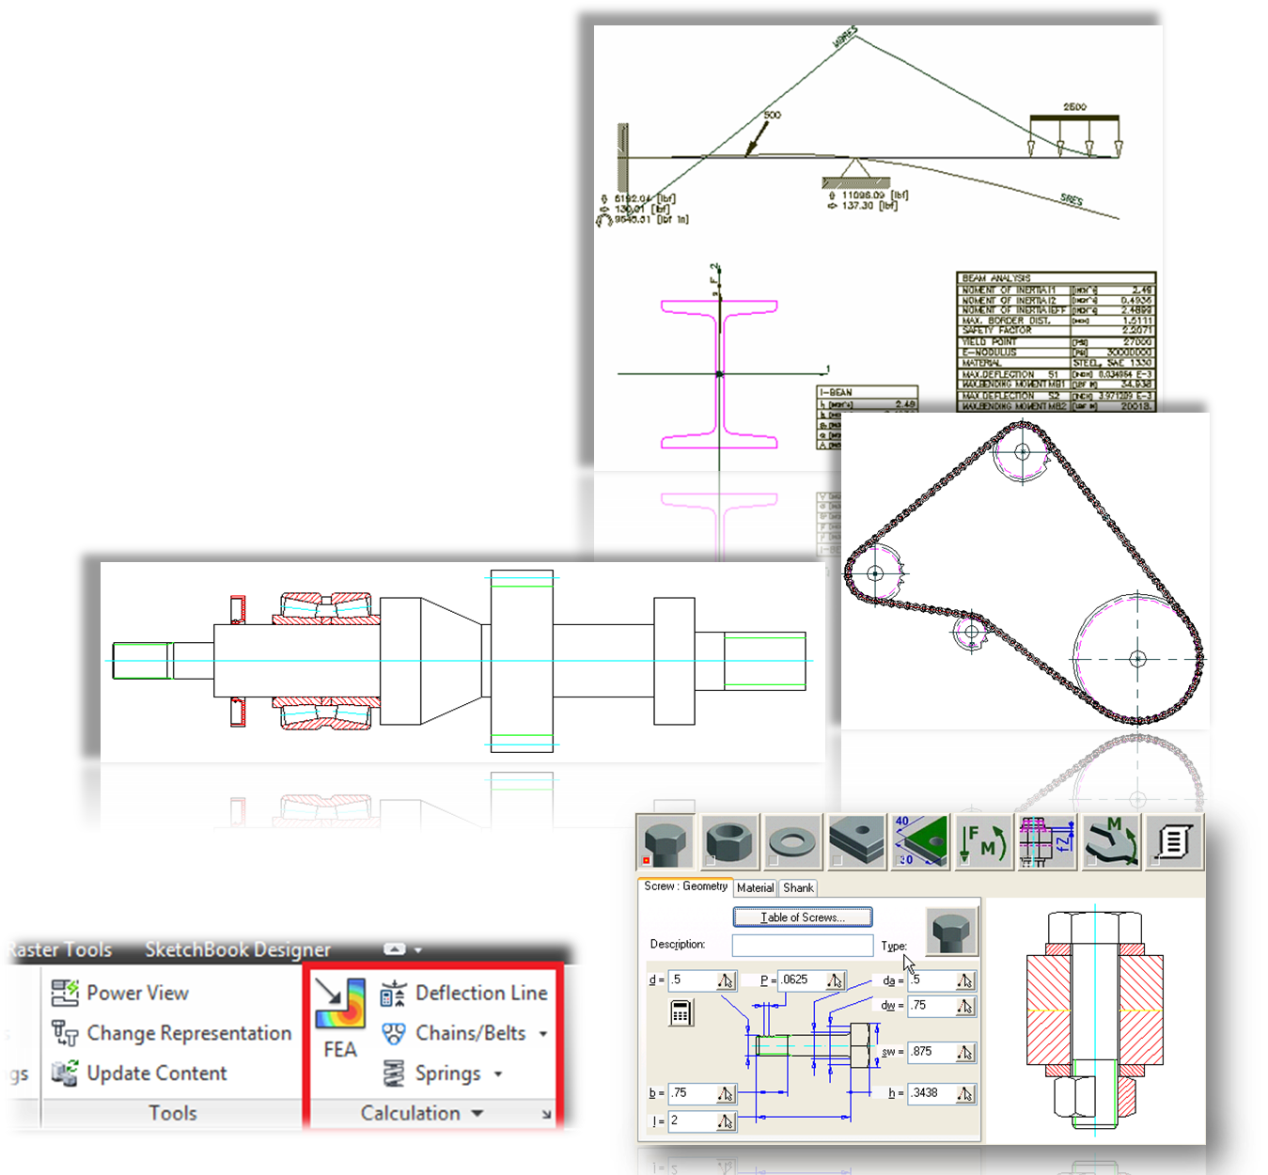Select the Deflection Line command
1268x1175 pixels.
(463, 993)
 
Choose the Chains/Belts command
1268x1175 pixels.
(454, 1033)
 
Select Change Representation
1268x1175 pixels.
(172, 1033)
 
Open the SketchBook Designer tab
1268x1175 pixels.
(237, 949)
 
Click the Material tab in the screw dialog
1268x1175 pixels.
(755, 887)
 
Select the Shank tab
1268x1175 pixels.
(798, 887)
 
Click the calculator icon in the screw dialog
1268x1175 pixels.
(681, 1012)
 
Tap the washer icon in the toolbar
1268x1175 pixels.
(791, 841)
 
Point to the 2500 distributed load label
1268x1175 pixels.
(1074, 107)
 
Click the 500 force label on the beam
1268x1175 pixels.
(771, 115)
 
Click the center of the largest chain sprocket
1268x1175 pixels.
(1137, 659)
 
